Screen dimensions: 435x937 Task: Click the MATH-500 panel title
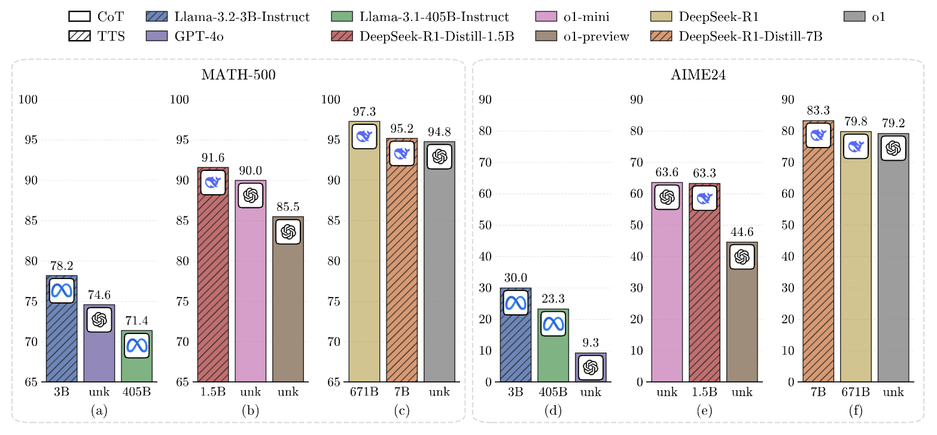coord(238,76)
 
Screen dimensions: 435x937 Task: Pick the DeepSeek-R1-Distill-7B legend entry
coord(735,36)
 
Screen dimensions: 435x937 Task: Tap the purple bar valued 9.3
coord(591,367)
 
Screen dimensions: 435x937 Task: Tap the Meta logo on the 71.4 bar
coord(137,345)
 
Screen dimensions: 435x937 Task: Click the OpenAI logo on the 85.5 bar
coord(288,231)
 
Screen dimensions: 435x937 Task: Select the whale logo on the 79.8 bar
coord(856,146)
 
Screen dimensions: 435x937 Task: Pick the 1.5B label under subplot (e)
coord(704,393)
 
